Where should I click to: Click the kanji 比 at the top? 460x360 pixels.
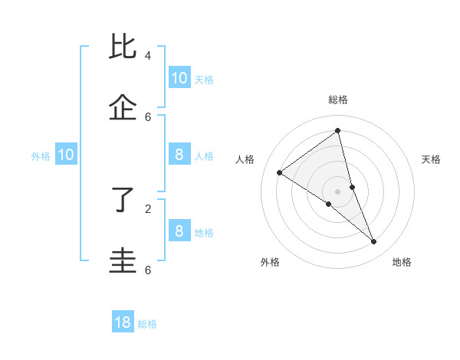(x=124, y=47)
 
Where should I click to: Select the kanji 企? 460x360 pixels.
(x=124, y=108)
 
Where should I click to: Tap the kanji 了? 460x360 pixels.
(x=124, y=200)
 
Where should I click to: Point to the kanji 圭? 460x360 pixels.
(x=124, y=260)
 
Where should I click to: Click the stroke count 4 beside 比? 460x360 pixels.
(x=148, y=55)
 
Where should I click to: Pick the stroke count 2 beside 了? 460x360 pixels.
(x=148, y=208)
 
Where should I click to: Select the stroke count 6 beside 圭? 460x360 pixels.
(x=148, y=270)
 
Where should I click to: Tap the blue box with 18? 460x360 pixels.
(x=123, y=322)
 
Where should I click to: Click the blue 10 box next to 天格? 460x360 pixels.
(x=179, y=77)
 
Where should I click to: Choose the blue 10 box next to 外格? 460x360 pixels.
(x=66, y=155)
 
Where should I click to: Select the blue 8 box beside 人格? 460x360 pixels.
(x=179, y=155)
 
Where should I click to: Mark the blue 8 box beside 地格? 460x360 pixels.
(x=179, y=231)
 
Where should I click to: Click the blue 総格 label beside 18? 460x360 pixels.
(x=147, y=324)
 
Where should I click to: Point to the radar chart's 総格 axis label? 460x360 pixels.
(x=338, y=100)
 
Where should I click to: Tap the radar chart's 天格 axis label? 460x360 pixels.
(x=432, y=159)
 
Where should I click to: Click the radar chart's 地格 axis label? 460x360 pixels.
(x=402, y=262)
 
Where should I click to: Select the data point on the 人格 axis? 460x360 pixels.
(x=279, y=172)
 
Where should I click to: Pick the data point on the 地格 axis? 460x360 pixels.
(x=374, y=242)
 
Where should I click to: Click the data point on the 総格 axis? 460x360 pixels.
(x=338, y=131)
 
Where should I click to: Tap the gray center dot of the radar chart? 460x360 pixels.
(x=338, y=191)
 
